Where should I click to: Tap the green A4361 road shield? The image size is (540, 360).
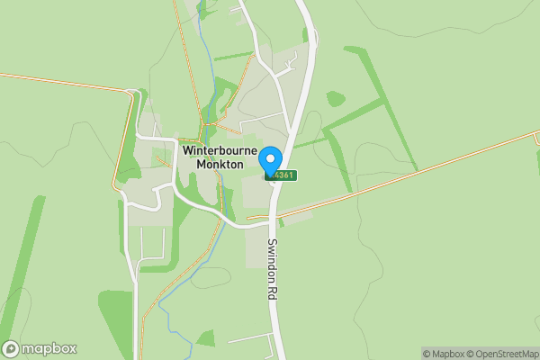point(283,175)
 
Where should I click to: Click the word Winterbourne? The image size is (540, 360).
point(220,151)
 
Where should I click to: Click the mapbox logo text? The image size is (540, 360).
point(49,349)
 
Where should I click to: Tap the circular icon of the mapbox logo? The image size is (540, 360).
point(11,349)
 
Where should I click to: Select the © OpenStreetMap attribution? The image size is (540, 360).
point(500,354)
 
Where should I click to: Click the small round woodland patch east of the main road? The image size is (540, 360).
point(335,98)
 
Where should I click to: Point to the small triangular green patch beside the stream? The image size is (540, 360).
point(206,339)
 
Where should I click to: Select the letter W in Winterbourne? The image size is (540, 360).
point(188,151)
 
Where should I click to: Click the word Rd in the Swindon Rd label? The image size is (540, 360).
point(271,292)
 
